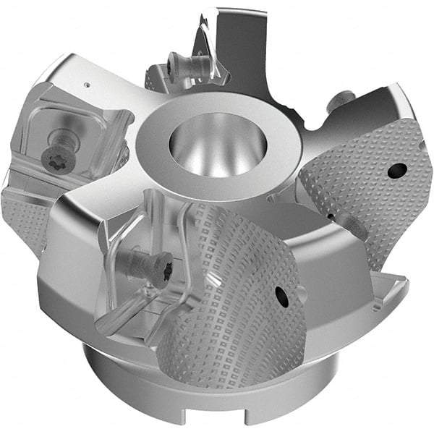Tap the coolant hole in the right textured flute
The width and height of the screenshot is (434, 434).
point(396,171)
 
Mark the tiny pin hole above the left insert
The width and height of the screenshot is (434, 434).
point(87,85)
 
